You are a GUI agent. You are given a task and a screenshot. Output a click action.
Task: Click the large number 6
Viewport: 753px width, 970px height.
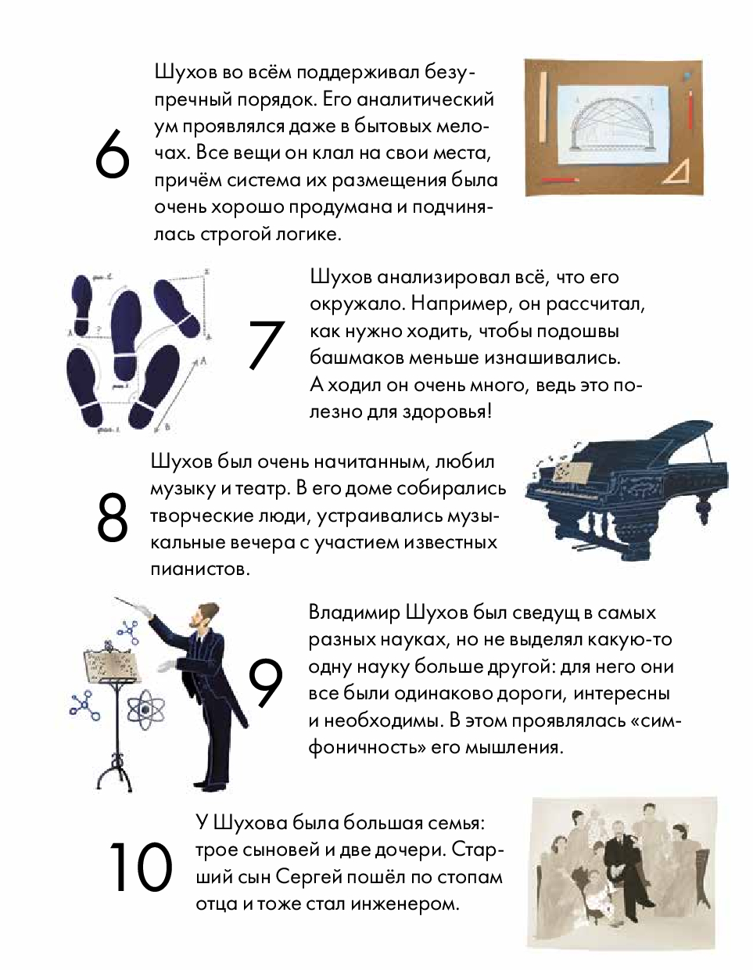(113, 153)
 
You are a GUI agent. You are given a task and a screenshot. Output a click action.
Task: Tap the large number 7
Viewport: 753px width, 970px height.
(266, 345)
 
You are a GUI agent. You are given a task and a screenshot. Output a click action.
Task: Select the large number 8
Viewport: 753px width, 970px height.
(113, 517)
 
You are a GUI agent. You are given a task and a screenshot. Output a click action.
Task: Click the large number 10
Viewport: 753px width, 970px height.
(140, 868)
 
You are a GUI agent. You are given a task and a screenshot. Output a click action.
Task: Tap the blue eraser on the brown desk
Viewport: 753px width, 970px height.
(687, 76)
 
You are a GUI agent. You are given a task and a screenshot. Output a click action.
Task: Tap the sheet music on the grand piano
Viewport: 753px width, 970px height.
(572, 471)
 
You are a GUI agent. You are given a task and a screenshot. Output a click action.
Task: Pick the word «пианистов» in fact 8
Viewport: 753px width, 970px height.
(199, 569)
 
